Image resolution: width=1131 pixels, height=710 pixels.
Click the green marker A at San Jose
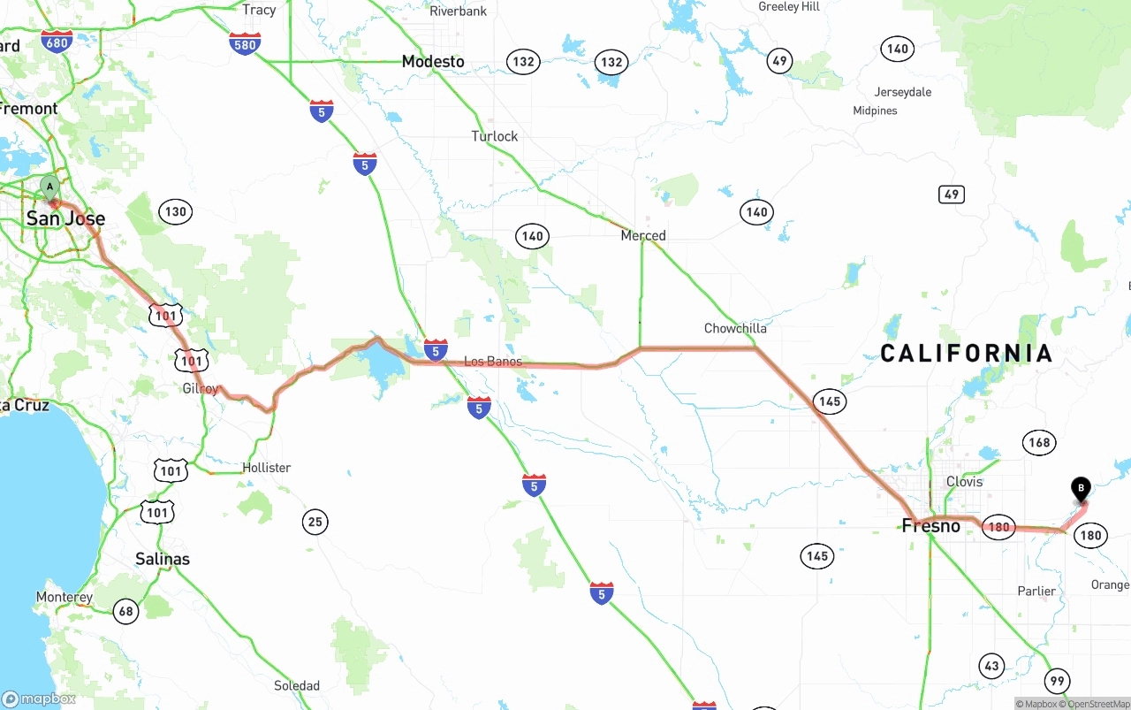coord(50,187)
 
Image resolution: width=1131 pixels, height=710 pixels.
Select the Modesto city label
coord(433,61)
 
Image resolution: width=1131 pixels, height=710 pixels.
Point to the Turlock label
coord(495,136)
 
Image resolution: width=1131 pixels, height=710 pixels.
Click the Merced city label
coord(643,235)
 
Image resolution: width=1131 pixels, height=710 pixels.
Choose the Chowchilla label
coord(735,328)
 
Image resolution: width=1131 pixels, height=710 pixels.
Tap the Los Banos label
coord(493,361)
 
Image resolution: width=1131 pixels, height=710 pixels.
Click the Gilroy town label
coord(201,389)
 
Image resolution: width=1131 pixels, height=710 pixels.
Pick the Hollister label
coord(266,467)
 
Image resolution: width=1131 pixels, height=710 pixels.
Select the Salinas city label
coord(163,559)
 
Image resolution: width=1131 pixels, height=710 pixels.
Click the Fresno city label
coord(930,526)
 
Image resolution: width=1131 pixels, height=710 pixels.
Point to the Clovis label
coord(964,482)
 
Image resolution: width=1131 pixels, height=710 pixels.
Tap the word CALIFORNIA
coord(966,354)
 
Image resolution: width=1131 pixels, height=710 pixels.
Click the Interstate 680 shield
coord(57,42)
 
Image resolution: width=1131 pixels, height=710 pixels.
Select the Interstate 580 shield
coord(245,43)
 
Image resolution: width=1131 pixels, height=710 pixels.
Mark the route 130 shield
coord(175,211)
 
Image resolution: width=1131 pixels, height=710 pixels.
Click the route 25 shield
coord(315,522)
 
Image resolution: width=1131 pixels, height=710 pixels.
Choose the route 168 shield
coord(1039,442)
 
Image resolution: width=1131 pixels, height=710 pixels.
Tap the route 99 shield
coord(1057,680)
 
